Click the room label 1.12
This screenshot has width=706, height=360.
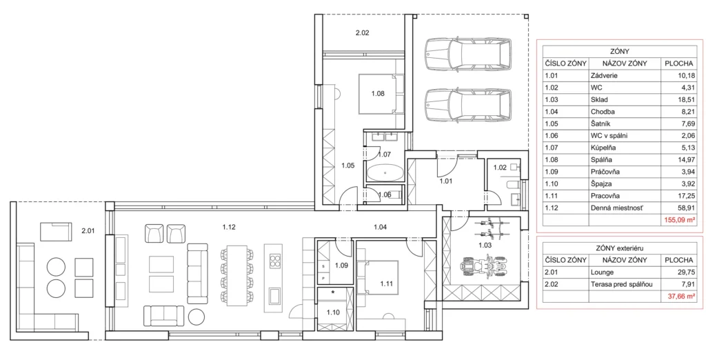pyautogui.click(x=229, y=227)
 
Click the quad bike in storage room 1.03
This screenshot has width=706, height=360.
pyautogui.click(x=483, y=266)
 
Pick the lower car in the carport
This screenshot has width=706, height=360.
pyautogui.click(x=468, y=106)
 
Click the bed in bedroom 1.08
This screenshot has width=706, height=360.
pyautogui.click(x=379, y=94)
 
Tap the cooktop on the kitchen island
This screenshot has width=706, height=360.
pyautogui.click(x=274, y=260)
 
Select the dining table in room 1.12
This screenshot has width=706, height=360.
pyautogui.click(x=237, y=275)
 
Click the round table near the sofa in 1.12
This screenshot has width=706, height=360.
pyautogui.click(x=196, y=317)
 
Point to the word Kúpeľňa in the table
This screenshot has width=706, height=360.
pyautogui.click(x=603, y=148)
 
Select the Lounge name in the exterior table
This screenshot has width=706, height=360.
pyautogui.click(x=601, y=272)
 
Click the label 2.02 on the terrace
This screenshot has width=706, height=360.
pyautogui.click(x=363, y=32)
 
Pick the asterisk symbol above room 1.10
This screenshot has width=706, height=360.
pyautogui.click(x=333, y=292)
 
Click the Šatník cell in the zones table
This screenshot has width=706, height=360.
pyautogui.click(x=601, y=123)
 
